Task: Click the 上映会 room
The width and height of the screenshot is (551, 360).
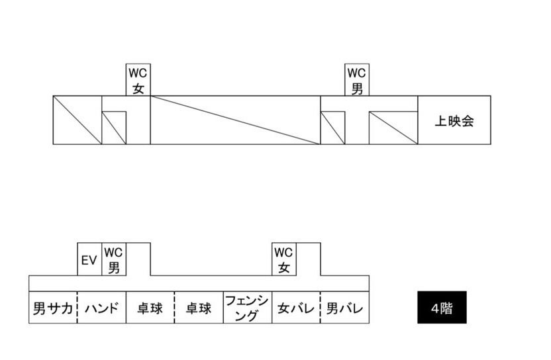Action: (454, 120)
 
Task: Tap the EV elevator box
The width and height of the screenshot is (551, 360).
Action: (89, 260)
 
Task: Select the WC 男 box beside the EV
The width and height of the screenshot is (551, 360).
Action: (114, 260)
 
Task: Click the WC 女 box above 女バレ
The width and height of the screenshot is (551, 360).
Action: (283, 260)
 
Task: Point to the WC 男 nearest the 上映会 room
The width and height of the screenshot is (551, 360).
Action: (357, 80)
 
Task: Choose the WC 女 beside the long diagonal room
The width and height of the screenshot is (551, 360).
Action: (138, 80)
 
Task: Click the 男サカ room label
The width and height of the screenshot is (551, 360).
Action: (53, 308)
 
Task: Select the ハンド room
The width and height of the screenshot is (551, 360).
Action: (102, 308)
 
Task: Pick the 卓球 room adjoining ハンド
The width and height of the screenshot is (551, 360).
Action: (150, 308)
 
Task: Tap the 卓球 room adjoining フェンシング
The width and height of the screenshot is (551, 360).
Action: (198, 308)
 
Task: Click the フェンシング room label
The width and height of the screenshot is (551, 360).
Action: (247, 308)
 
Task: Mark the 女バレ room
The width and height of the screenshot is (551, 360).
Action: (295, 308)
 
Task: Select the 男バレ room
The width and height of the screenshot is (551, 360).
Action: (344, 308)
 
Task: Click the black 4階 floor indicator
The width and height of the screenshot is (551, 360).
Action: (442, 308)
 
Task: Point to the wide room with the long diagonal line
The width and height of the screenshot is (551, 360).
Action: (235, 120)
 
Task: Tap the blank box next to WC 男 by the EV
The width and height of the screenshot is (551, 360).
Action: (138, 259)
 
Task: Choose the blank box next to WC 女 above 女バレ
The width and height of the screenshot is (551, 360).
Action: (308, 259)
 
